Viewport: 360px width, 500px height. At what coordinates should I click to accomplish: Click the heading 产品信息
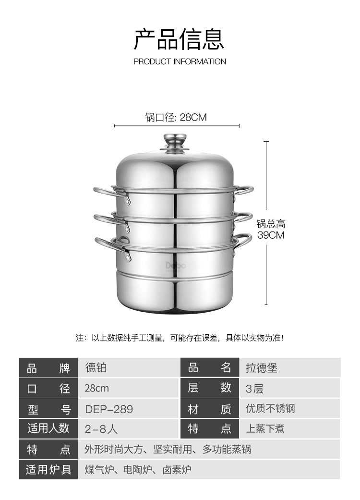(179, 40)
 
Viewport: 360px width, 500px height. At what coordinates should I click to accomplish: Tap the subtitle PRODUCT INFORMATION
(180, 61)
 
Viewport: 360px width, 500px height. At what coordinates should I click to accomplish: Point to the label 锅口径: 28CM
(176, 117)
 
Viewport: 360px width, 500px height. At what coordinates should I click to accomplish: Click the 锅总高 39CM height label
(271, 230)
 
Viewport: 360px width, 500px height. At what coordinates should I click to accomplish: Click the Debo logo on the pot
(175, 266)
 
